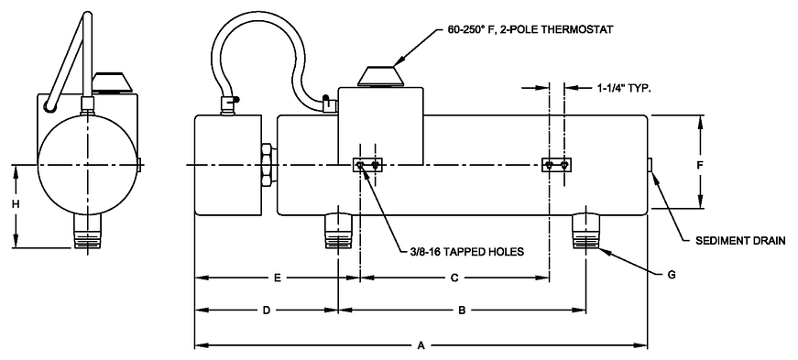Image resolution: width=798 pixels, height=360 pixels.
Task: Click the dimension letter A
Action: [x=421, y=346]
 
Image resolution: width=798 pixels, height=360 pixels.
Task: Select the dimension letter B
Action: [x=462, y=311]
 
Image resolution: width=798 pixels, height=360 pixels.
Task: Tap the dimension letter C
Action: [x=455, y=278]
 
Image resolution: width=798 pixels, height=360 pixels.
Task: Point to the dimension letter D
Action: [x=266, y=311]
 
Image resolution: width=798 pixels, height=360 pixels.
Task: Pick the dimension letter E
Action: [x=278, y=278]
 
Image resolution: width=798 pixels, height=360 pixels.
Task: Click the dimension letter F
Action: [x=700, y=165]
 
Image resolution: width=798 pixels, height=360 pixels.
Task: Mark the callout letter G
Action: [x=672, y=275]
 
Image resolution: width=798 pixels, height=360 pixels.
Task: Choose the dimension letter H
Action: [x=16, y=204]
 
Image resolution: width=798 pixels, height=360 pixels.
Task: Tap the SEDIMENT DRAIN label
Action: [x=740, y=240]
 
